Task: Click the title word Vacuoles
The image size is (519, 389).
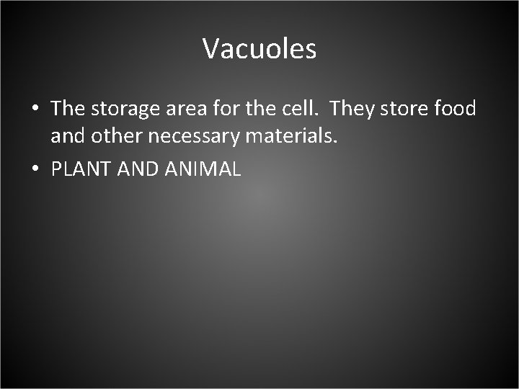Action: click(x=259, y=49)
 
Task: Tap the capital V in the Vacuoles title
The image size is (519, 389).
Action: click(x=210, y=49)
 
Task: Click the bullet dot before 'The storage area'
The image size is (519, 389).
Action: click(x=35, y=110)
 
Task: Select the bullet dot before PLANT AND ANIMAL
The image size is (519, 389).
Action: click(x=35, y=171)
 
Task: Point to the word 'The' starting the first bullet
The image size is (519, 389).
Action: click(x=68, y=109)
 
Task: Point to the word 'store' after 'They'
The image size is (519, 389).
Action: click(x=404, y=109)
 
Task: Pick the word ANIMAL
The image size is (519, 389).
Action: click(x=203, y=170)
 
